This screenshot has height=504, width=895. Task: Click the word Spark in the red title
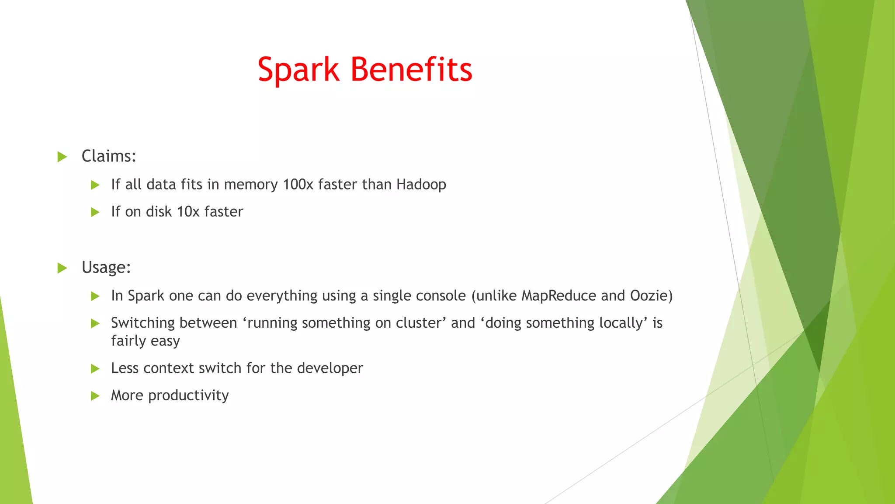pyautogui.click(x=298, y=70)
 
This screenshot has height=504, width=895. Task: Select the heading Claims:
pyautogui.click(x=109, y=156)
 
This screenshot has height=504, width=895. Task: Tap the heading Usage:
pyautogui.click(x=106, y=267)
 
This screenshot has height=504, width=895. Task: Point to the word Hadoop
pyautogui.click(x=421, y=185)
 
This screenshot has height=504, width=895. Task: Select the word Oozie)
pyautogui.click(x=651, y=296)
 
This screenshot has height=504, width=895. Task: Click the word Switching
pyautogui.click(x=143, y=323)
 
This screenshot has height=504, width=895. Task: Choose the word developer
pyautogui.click(x=330, y=368)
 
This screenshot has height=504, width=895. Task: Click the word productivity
pyautogui.click(x=188, y=395)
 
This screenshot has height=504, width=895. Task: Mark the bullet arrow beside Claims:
pyautogui.click(x=62, y=157)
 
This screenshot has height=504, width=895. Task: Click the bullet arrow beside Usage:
pyautogui.click(x=62, y=268)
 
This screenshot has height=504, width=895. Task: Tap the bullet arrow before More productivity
pyautogui.click(x=95, y=396)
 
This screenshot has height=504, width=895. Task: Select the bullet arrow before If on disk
pyautogui.click(x=95, y=212)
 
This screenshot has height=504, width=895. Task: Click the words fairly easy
pyautogui.click(x=146, y=341)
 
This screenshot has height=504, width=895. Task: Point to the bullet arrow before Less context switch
pyautogui.click(x=95, y=369)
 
